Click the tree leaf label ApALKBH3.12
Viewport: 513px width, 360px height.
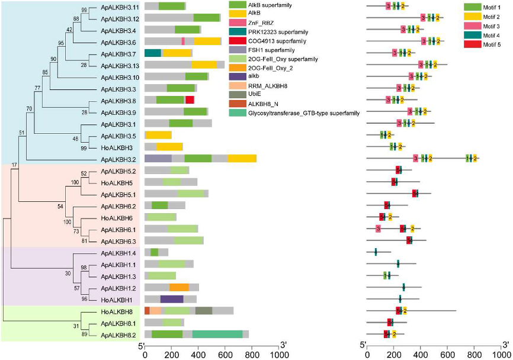(x=120, y=18)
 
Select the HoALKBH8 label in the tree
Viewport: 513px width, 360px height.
(x=119, y=311)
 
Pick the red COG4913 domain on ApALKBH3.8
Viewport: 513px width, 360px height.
(x=190, y=99)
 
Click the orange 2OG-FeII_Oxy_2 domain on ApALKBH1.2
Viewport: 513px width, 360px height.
(x=179, y=287)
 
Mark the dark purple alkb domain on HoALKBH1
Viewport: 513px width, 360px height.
(x=172, y=299)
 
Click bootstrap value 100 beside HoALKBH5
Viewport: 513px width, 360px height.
(x=74, y=182)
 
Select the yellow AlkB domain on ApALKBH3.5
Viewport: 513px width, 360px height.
(x=159, y=135)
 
